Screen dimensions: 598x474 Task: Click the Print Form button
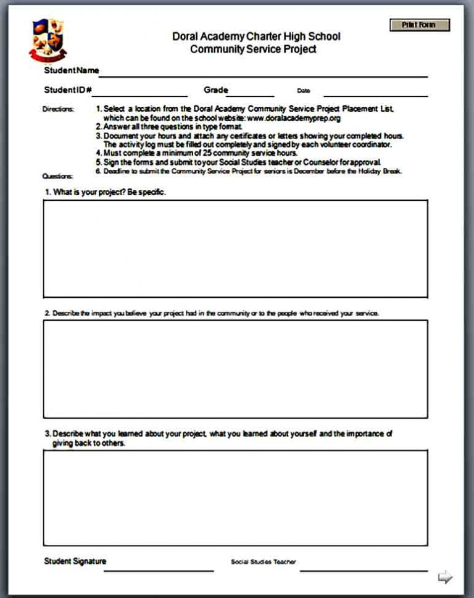point(419,25)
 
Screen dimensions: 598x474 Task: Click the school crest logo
point(48,40)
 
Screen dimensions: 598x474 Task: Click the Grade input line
point(250,93)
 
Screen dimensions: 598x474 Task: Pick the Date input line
point(375,93)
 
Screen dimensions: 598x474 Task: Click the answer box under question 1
point(235,248)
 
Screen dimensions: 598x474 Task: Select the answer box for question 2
point(235,369)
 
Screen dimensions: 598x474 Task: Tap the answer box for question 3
point(235,498)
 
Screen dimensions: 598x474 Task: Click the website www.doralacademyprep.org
point(294,117)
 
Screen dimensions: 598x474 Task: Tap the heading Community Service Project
point(253,49)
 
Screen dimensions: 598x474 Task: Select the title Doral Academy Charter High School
point(256,36)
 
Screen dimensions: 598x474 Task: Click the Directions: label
point(58,109)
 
